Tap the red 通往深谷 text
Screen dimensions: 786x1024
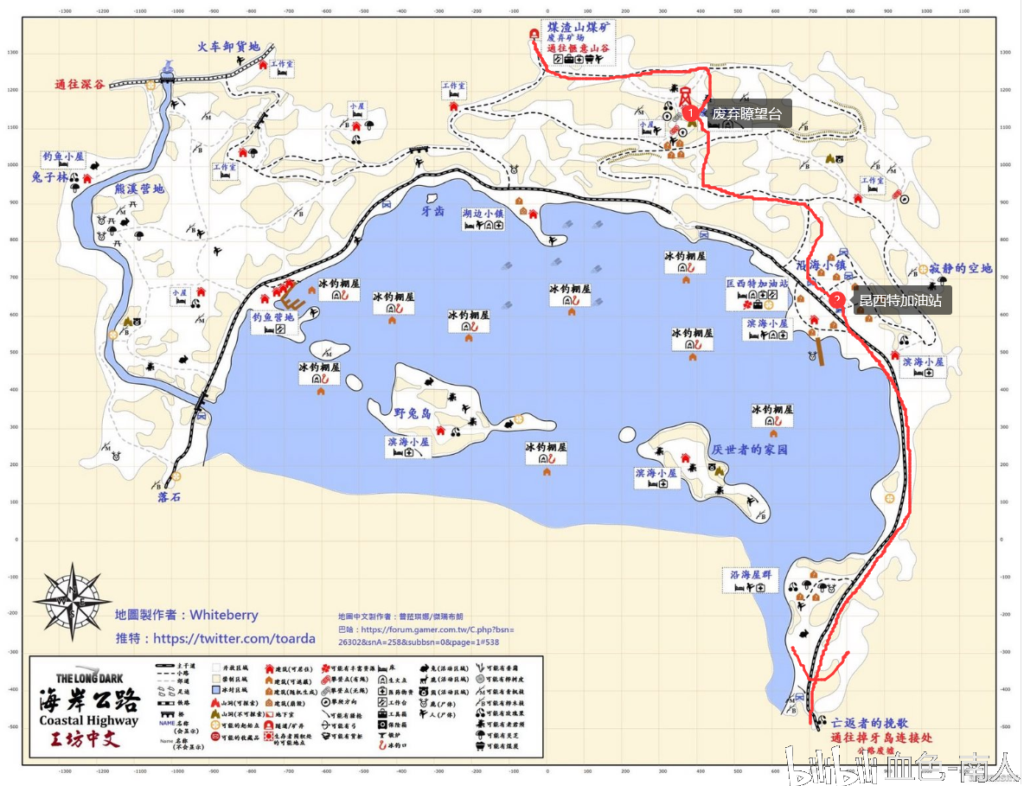pyautogui.click(x=79, y=85)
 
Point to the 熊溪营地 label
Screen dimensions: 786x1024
pyautogui.click(x=139, y=189)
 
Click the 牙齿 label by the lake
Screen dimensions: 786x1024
pyautogui.click(x=432, y=210)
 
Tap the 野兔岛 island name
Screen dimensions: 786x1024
pyautogui.click(x=413, y=413)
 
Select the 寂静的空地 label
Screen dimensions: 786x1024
pyautogui.click(x=961, y=269)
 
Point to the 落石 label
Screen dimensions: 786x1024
pyautogui.click(x=169, y=498)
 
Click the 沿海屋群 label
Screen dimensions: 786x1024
pyautogui.click(x=751, y=574)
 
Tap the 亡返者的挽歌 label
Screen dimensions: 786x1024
pyautogui.click(x=870, y=722)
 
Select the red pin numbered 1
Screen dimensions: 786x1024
pyautogui.click(x=690, y=112)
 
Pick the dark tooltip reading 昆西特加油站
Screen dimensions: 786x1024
pyautogui.click(x=899, y=301)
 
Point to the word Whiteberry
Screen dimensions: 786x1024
pyautogui.click(x=224, y=615)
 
